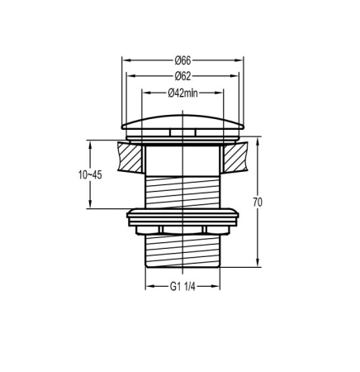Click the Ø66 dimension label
(x=182, y=60)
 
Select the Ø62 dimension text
(x=182, y=75)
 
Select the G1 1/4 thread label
(x=182, y=288)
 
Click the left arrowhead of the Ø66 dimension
(x=125, y=60)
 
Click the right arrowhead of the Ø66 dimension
(x=241, y=60)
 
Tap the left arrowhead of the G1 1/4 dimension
(x=149, y=288)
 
